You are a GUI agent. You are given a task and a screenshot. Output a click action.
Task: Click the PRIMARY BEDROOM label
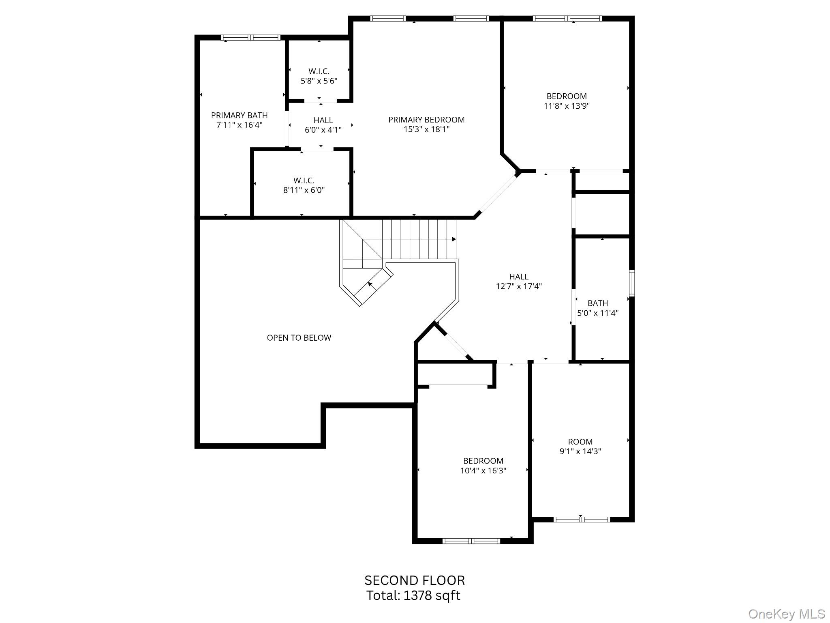[x=426, y=120]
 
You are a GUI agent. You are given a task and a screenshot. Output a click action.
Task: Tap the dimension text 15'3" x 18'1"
[x=426, y=129]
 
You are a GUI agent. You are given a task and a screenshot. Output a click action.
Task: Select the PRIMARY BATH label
[x=239, y=115]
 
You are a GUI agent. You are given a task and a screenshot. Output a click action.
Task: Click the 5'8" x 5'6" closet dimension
[x=319, y=81]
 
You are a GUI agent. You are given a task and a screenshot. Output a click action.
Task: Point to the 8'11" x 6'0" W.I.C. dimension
[x=304, y=190]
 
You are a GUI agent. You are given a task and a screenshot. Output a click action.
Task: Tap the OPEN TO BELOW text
[x=299, y=338]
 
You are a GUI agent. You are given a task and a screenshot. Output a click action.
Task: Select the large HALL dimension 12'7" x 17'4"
[x=519, y=286]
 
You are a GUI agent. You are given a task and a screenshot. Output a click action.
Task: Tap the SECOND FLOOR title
[x=414, y=580]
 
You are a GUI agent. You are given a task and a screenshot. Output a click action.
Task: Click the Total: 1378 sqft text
[x=413, y=595]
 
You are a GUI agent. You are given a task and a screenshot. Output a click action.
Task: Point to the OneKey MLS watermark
[x=786, y=614]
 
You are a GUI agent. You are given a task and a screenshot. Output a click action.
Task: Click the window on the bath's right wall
[x=631, y=283]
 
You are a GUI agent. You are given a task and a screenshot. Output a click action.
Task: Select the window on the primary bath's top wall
[x=250, y=38]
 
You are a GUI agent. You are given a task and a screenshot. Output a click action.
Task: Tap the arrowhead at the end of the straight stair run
[x=454, y=239]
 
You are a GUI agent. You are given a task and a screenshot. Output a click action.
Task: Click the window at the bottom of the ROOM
[x=581, y=519]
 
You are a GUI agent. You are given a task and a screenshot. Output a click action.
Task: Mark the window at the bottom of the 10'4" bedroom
[x=471, y=541]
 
